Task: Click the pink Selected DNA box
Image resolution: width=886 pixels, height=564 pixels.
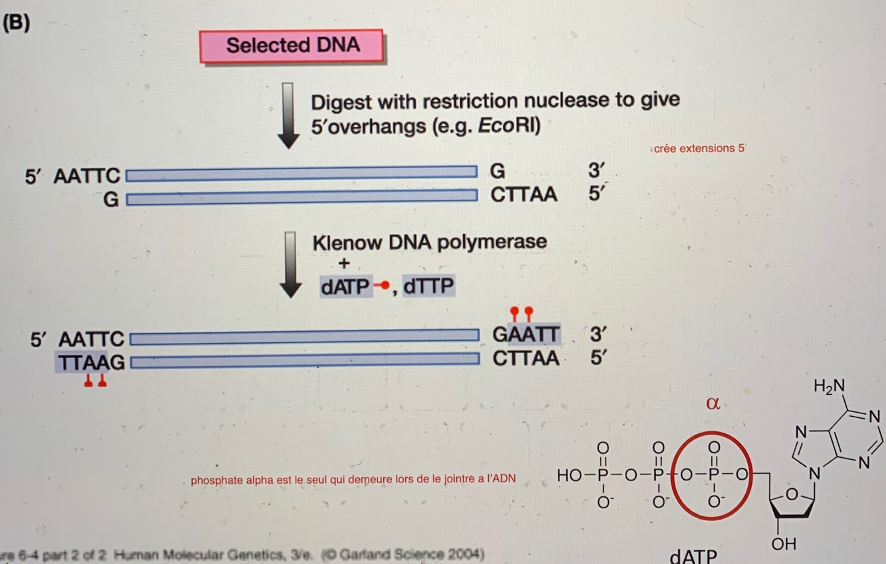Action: pos(292,46)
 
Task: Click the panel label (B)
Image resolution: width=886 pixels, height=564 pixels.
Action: pos(17,23)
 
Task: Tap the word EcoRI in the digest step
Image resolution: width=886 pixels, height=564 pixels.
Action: pos(508,125)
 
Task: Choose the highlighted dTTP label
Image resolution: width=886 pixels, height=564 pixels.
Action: pos(428,287)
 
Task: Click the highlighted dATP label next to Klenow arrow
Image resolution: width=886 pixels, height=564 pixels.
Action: pos(346,287)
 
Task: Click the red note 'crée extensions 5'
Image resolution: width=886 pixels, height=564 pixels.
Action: pos(699,149)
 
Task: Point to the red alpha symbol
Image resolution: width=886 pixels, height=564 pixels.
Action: pos(713,403)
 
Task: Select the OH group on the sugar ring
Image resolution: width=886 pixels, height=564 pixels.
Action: pos(784,544)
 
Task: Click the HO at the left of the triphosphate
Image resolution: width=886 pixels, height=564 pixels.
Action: pos(569,475)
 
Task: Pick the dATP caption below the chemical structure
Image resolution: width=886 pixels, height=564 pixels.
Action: pos(693,555)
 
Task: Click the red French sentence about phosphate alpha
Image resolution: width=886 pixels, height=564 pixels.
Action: pos(353,479)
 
